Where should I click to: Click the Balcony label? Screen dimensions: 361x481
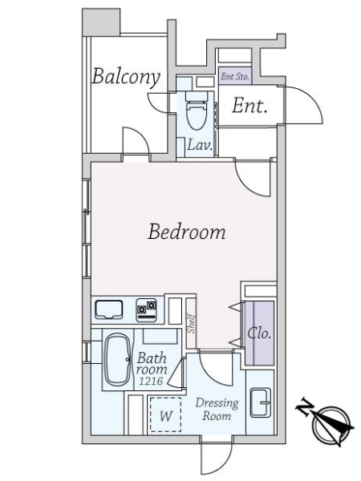(126, 77)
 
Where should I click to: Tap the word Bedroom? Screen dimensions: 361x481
(187, 232)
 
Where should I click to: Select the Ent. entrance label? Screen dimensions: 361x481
(249, 106)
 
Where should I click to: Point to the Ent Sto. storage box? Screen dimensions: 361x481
(235, 76)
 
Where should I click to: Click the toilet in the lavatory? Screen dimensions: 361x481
(197, 111)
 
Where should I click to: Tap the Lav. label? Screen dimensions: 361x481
(200, 145)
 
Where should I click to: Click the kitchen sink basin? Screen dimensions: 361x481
(109, 309)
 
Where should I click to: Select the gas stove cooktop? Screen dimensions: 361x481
(147, 309)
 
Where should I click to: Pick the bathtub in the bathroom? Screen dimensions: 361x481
(117, 359)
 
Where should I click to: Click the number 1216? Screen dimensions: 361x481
(151, 381)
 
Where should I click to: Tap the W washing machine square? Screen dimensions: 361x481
(166, 414)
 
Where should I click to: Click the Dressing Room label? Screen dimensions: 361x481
(217, 409)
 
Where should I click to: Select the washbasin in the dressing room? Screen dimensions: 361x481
(261, 402)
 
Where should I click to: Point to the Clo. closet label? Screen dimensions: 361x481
(259, 333)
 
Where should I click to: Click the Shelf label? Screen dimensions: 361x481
(192, 323)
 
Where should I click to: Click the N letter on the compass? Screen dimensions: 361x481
(305, 406)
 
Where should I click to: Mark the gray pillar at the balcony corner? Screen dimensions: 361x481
(101, 22)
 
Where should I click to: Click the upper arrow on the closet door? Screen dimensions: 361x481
(234, 307)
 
